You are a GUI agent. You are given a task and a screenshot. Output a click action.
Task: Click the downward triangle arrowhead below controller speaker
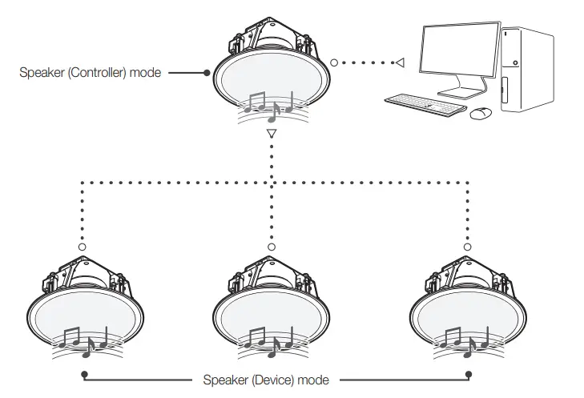tap(272, 134)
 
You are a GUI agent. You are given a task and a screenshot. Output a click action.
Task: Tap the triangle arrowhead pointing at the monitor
tap(400, 62)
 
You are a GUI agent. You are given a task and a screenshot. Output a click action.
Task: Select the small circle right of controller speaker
tap(332, 62)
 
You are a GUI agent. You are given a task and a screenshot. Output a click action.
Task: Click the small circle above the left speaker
tap(82, 247)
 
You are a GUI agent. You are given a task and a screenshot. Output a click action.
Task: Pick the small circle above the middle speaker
tap(272, 247)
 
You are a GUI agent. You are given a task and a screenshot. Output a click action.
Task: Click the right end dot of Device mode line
tap(469, 376)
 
